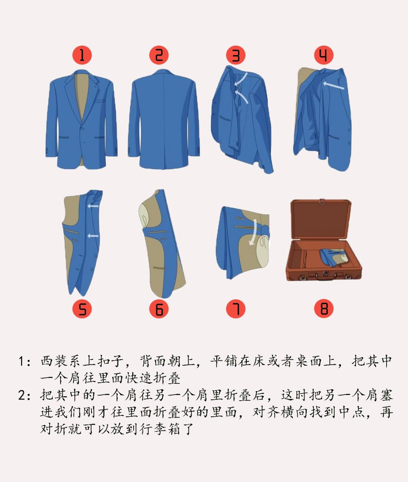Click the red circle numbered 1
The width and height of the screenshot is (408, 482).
(x=82, y=55)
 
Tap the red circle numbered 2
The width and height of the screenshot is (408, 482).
(x=159, y=55)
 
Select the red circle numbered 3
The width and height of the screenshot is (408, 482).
(x=236, y=55)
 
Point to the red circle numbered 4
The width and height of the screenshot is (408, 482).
(x=324, y=55)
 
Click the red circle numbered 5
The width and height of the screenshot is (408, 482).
(x=82, y=309)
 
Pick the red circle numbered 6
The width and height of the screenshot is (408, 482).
(x=159, y=309)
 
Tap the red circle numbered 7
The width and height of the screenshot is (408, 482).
(x=236, y=309)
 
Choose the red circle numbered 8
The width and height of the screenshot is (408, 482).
(x=324, y=309)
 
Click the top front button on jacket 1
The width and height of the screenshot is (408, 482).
(x=82, y=128)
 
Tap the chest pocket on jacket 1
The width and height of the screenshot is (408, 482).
(x=99, y=101)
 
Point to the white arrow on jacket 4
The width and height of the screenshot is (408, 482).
(x=333, y=85)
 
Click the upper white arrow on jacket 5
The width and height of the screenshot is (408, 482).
(x=93, y=206)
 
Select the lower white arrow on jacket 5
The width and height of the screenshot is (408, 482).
(x=93, y=236)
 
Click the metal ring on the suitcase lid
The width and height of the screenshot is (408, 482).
(x=322, y=201)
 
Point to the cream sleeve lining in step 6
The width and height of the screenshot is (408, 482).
(x=145, y=215)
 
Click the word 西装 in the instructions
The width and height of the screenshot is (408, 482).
(x=55, y=361)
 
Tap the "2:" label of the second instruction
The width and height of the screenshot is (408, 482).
(x=24, y=395)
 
